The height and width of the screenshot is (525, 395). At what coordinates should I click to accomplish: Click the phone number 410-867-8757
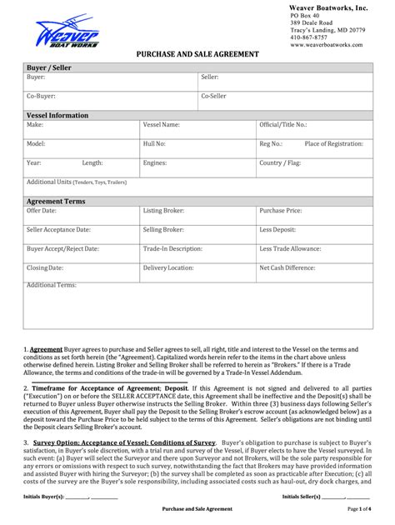click(x=308, y=37)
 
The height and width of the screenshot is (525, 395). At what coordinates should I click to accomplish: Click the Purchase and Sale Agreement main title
click(x=197, y=54)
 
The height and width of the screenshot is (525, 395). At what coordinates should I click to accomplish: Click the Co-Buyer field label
click(x=41, y=97)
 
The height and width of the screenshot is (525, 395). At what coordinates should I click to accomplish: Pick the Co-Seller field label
click(x=213, y=97)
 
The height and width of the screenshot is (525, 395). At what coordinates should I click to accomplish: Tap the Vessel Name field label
click(x=161, y=125)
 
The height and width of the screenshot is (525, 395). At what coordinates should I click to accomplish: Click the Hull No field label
click(x=154, y=144)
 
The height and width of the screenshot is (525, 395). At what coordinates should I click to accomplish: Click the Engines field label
click(x=155, y=163)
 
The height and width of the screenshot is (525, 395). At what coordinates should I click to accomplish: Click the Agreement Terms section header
click(x=56, y=201)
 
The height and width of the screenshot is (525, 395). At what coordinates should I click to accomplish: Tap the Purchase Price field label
click(x=280, y=211)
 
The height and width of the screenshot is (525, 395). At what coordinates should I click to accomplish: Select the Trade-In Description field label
click(x=172, y=248)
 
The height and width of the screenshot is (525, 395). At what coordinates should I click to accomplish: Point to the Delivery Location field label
click(x=168, y=268)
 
